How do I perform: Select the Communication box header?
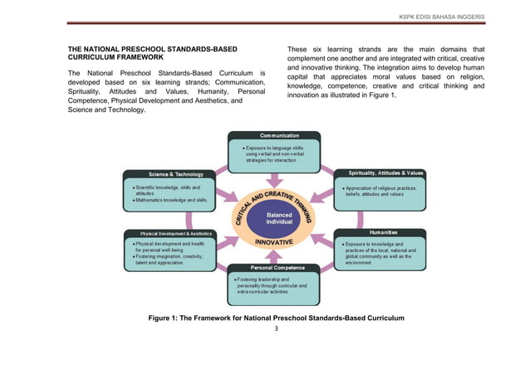279,135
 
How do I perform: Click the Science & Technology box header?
175,174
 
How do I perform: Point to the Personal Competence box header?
277,268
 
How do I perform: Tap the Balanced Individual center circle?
278,218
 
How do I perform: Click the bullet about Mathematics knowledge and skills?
171,201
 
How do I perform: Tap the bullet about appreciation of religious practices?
381,191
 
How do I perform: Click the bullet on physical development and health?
171,247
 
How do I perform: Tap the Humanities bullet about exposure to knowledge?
381,250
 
